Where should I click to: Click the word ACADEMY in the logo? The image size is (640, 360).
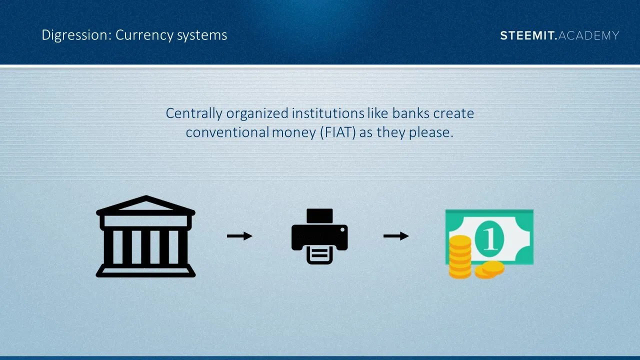pos(588,35)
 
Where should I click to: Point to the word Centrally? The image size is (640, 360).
pos(194,113)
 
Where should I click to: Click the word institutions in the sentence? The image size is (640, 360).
pos(328,113)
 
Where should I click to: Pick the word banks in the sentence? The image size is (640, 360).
pos(411,113)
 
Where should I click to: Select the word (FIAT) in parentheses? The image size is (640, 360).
pos(338,132)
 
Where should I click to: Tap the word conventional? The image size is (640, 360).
pos(227,132)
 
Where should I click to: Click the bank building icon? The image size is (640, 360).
pos(145,236)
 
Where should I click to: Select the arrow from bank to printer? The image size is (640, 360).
pos(239,236)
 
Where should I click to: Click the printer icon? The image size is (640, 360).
pos(319,236)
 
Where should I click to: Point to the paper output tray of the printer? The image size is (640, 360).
pos(319,255)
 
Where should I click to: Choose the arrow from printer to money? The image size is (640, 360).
pos(396,236)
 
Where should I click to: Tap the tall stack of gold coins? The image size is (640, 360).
pos(460,256)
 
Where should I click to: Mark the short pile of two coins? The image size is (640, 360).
pos(489,269)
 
